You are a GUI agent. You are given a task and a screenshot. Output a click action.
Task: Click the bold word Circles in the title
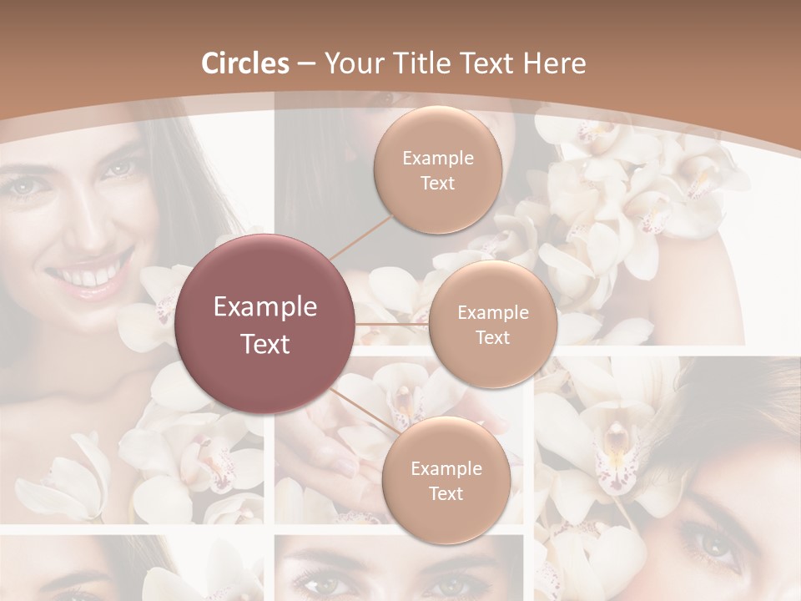point(245,63)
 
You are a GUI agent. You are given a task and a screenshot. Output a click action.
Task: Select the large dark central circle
point(265,324)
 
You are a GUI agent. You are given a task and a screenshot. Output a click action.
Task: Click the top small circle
point(437,169)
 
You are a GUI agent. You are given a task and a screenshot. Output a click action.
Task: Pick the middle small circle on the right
point(493,324)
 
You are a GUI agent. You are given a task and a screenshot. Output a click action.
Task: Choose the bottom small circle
point(446,480)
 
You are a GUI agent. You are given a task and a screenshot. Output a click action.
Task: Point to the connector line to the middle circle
point(392,324)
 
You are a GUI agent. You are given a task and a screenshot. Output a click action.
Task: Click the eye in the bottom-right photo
point(715,548)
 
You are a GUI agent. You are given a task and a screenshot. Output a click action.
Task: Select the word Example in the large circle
point(265,307)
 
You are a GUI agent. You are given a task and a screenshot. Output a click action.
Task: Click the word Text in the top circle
point(437,183)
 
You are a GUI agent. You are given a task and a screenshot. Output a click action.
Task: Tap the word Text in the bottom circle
point(446,493)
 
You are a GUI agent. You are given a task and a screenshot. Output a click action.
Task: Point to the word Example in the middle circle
point(493,312)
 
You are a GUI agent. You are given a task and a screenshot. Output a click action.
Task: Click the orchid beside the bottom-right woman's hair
point(613,442)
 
